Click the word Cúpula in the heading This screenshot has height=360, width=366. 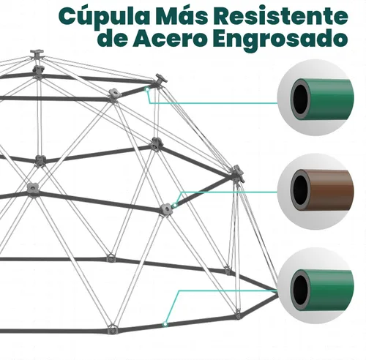pos(104,17)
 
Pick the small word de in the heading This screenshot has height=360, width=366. pos(114,39)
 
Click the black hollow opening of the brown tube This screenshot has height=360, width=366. pos(300,190)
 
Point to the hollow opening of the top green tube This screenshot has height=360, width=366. pos(300,99)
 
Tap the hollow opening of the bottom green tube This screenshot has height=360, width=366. pos(300,290)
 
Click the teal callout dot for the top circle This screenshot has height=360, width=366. pos(147,89)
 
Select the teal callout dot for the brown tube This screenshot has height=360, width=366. pos(175,206)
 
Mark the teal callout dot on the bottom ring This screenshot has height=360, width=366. pos(165,324)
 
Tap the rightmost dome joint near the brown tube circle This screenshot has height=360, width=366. pos(237,173)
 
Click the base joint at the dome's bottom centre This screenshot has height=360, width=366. pos(112,329)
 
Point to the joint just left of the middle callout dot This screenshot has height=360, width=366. pos(166,209)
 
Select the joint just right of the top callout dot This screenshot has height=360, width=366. pos(160,80)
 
